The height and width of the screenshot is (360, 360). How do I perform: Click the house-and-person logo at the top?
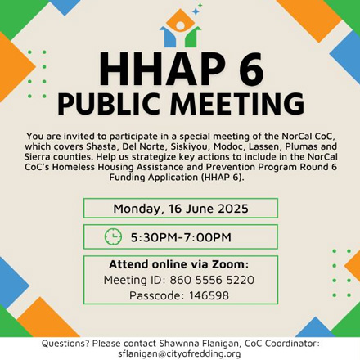[180, 28]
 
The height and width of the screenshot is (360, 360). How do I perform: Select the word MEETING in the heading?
[237, 104]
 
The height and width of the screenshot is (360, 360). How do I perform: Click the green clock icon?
[113, 236]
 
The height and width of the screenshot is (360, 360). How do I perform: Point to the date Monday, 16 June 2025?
[181, 209]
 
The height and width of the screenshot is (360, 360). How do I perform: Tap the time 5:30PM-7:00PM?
[181, 237]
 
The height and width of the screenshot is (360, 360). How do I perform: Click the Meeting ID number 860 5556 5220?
[212, 280]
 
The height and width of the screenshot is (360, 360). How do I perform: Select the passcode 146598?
[209, 295]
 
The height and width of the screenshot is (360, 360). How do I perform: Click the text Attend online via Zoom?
[179, 264]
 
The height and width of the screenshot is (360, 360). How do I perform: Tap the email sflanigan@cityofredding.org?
[179, 353]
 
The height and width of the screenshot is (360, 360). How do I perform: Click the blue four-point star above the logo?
[196, 11]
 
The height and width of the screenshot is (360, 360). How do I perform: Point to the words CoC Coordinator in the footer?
[282, 344]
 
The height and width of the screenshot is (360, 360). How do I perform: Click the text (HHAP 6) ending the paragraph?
[223, 178]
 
